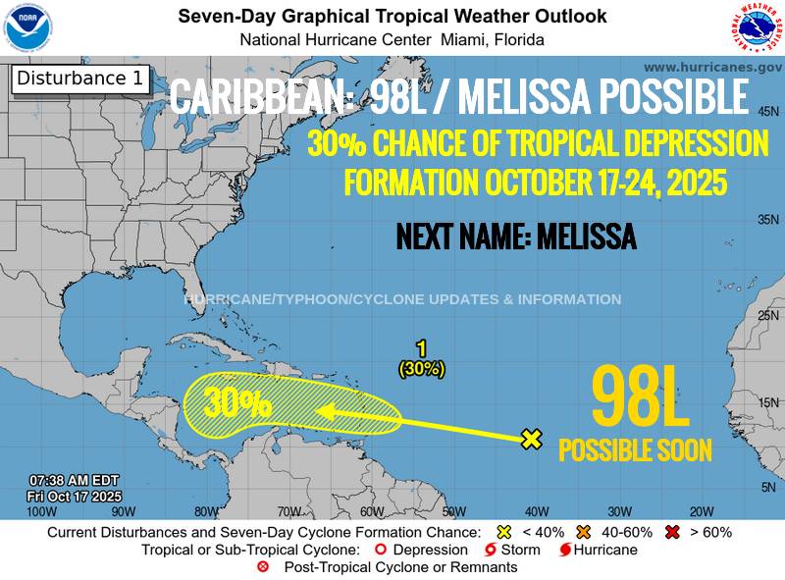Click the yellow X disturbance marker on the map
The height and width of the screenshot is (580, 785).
coord(531,439)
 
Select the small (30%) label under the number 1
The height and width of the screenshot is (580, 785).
coord(421,369)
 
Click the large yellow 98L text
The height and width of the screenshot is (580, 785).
coord(640,397)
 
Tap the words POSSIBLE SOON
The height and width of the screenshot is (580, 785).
coord(635,449)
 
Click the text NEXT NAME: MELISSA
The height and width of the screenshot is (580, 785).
coord(515,237)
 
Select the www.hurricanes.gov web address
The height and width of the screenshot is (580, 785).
coord(712,67)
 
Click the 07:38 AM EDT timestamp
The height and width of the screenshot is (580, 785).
coord(74,480)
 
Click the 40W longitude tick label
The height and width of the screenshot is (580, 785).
coord(536,511)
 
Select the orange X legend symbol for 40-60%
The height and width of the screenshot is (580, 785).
coord(583,532)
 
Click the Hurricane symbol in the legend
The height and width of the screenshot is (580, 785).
coord(566,550)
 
